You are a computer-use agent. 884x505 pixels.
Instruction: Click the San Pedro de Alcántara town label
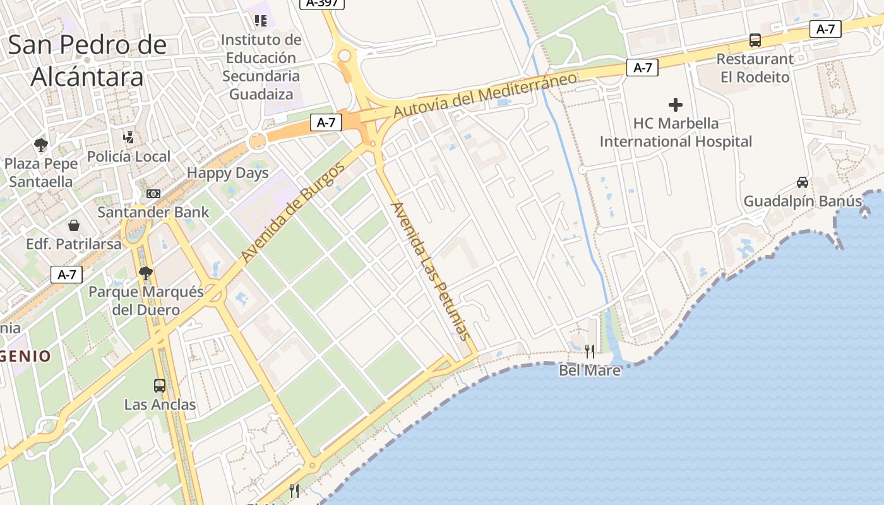[x=87, y=61]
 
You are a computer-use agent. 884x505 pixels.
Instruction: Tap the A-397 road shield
[x=322, y=3]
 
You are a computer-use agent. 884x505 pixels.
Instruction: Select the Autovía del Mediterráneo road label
[x=485, y=95]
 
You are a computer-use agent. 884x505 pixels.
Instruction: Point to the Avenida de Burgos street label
[x=293, y=212]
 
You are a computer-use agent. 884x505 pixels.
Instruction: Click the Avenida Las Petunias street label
[x=432, y=271]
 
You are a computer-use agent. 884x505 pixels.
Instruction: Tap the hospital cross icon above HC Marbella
[x=676, y=104]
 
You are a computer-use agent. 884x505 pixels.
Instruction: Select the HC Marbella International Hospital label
[x=676, y=132]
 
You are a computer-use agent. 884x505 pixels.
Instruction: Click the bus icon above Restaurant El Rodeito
[x=755, y=40]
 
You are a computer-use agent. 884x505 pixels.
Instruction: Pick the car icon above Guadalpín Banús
[x=802, y=182]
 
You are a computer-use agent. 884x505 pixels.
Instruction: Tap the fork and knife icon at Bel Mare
[x=589, y=351]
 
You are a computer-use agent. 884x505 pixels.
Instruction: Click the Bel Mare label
[x=590, y=370]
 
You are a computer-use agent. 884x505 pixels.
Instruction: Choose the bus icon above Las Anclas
[x=160, y=385]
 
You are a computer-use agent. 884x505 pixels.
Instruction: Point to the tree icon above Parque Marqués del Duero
[x=146, y=273]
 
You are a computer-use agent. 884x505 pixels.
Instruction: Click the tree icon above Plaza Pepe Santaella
[x=41, y=145]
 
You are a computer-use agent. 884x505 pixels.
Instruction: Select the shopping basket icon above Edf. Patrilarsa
[x=74, y=225]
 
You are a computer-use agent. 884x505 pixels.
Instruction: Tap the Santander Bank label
[x=153, y=212]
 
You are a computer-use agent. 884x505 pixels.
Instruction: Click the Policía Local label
[x=129, y=157]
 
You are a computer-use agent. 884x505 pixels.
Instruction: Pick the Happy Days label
[x=228, y=173]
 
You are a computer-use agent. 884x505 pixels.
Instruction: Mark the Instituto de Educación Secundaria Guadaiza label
[x=261, y=67]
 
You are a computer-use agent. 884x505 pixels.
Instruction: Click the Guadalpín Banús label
[x=803, y=201]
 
